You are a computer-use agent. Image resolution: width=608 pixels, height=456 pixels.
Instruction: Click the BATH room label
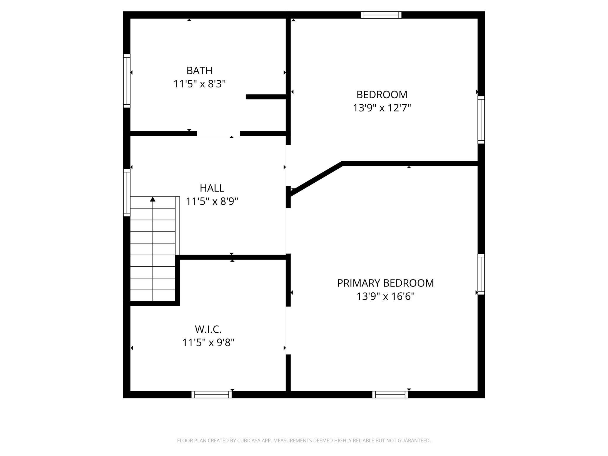[x=199, y=70]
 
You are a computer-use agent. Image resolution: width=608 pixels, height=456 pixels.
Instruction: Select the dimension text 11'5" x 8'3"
[x=200, y=84]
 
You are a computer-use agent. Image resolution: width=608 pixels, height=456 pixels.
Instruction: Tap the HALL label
[x=212, y=188]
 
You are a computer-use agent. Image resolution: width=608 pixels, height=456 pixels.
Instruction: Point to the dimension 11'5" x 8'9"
[x=212, y=201]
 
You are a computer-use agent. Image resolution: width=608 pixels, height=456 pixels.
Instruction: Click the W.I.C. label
[x=208, y=329]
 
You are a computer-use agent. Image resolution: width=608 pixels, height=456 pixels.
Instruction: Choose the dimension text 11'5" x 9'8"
[x=208, y=342]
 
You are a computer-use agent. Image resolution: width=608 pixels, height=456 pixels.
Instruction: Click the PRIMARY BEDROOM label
[x=385, y=283]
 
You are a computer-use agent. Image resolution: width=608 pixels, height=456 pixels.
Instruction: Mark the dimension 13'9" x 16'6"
[x=385, y=296]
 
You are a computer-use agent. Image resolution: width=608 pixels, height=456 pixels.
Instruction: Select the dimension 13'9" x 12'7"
[x=382, y=108]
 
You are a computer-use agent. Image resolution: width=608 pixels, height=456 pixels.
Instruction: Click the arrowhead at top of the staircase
[x=153, y=199]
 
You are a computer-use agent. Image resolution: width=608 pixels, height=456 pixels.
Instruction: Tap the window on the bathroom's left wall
[x=127, y=81]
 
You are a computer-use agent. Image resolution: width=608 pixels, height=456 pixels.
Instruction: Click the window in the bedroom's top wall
[x=381, y=15]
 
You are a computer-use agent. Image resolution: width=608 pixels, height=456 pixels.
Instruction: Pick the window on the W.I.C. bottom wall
[x=212, y=394]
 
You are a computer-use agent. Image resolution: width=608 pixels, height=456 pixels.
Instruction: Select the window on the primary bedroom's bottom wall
[x=390, y=394]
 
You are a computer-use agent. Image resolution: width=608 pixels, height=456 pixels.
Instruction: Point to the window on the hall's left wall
[x=127, y=192]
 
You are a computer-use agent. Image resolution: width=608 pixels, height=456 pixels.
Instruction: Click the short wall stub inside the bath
[x=265, y=97]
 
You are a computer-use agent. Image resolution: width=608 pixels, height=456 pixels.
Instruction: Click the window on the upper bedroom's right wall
[x=481, y=120]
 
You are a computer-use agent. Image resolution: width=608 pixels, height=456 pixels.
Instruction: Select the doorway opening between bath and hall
[x=218, y=134]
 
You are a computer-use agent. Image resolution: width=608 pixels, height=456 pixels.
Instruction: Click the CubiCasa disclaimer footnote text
[x=304, y=440]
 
